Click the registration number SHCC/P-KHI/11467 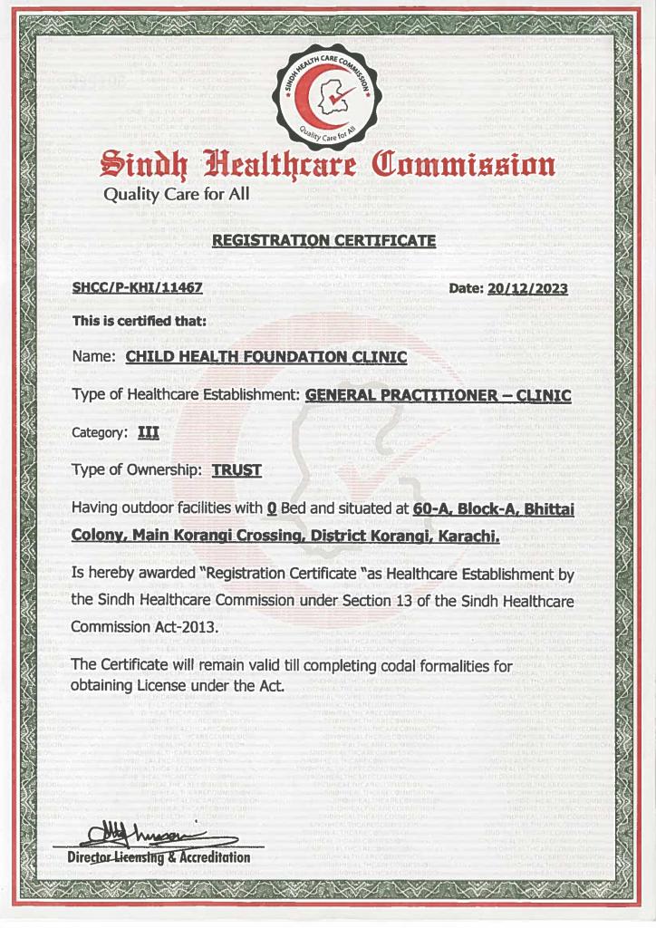136,289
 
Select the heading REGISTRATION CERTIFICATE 323,241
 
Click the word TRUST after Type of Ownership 236,469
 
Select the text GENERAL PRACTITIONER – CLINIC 439,395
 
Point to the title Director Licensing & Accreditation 159,857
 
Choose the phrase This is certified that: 140,320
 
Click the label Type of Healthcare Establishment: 186,395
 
